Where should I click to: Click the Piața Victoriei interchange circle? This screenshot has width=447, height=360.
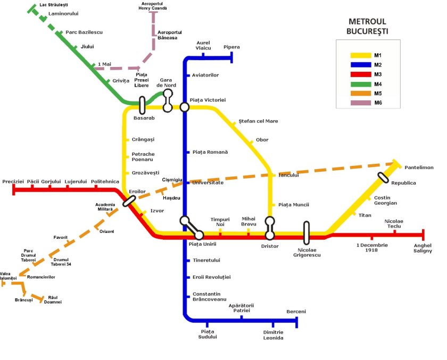(185, 107)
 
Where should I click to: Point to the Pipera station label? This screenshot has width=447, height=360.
(231, 47)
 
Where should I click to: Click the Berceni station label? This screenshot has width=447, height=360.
(296, 312)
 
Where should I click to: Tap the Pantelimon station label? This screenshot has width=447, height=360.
(419, 168)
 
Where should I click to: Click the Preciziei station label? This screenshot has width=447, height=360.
(13, 181)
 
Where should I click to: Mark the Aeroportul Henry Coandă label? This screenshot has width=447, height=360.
(153, 6)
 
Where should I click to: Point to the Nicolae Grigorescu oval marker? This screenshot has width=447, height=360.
(307, 232)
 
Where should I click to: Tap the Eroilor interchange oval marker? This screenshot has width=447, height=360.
(129, 200)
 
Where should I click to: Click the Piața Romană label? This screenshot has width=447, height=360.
(210, 152)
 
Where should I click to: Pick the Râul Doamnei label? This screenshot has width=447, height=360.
(52, 299)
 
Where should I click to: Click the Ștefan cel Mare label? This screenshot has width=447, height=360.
(259, 121)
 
